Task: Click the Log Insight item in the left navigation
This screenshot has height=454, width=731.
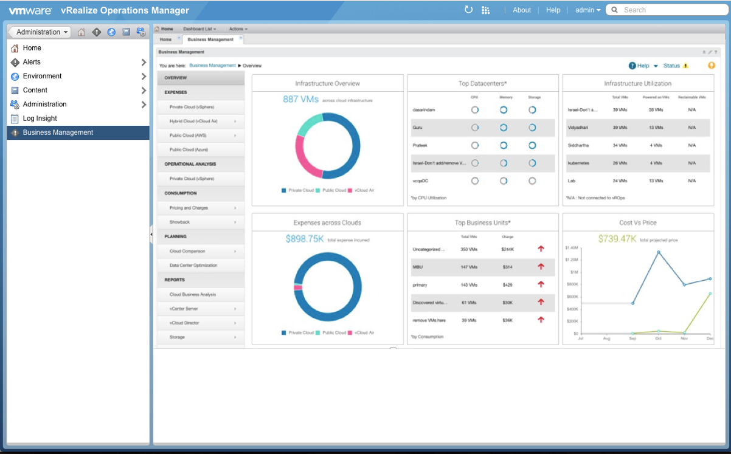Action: [40, 119]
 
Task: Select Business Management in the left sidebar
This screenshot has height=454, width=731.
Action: [58, 132]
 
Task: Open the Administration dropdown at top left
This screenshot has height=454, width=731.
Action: [40, 32]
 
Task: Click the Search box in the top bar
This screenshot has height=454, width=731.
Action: [669, 10]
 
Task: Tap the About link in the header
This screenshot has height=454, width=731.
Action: [522, 10]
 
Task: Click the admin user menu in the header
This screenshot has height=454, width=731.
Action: [587, 10]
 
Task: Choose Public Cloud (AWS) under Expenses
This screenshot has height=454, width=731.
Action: [192, 135]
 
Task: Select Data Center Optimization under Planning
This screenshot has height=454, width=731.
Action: [193, 266]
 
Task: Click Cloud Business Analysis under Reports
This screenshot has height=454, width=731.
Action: [192, 295]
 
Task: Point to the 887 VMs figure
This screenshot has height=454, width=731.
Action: [300, 100]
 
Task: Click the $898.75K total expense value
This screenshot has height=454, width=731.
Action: [305, 239]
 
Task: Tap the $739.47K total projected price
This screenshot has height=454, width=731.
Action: [617, 239]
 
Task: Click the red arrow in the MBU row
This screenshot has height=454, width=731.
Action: [541, 267]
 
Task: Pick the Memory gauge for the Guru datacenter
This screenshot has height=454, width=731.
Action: [504, 128]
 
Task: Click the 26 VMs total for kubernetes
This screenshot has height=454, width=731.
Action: [620, 163]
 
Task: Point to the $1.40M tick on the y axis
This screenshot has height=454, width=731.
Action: [571, 248]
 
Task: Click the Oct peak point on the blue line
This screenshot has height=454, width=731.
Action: [659, 252]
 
